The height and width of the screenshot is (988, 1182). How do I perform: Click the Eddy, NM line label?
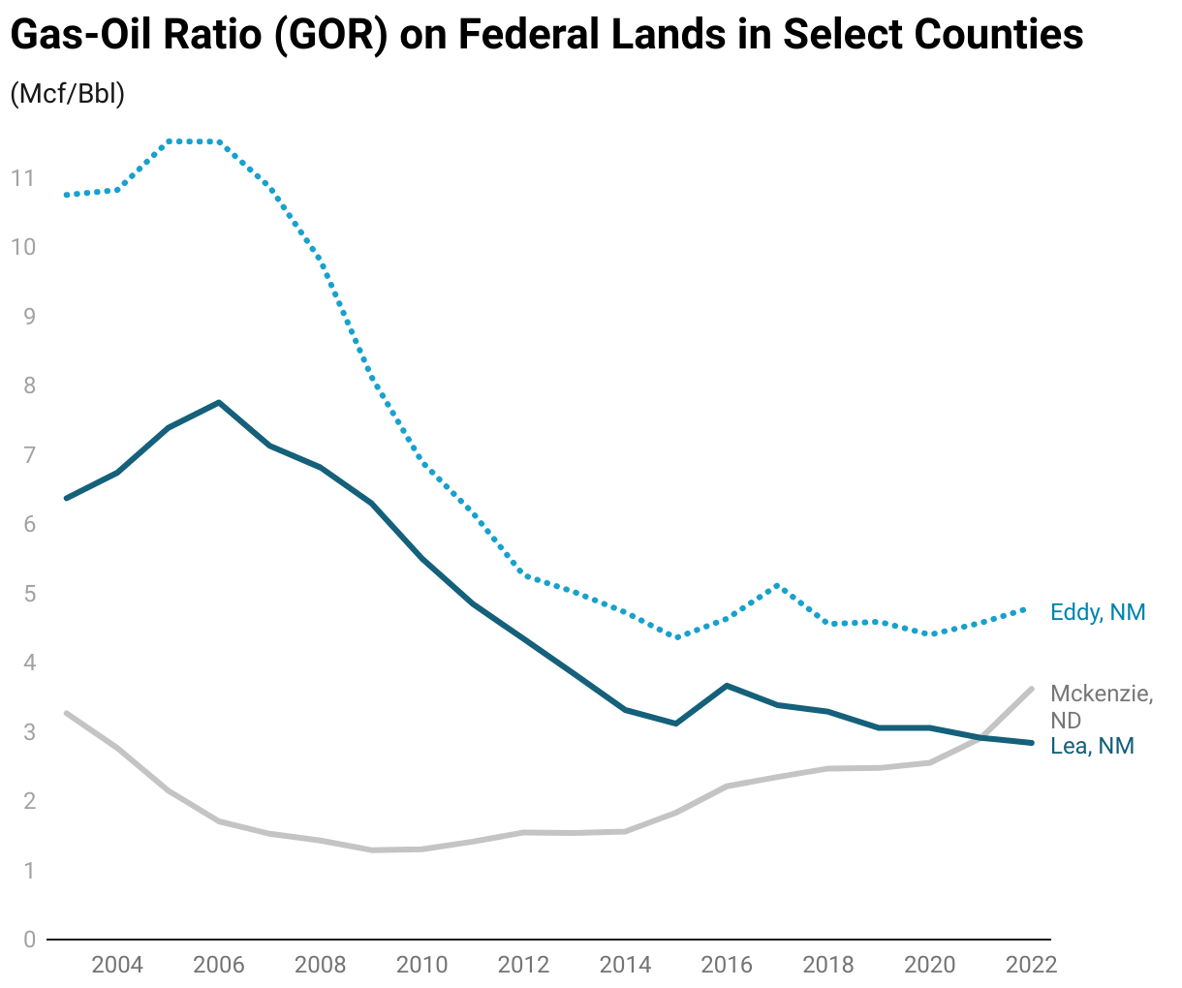pos(1098,612)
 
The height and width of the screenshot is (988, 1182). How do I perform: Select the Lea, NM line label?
pos(1092,746)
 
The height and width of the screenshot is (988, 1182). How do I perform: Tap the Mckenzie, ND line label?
pos(1102,707)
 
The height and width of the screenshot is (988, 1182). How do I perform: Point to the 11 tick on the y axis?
pos(22,177)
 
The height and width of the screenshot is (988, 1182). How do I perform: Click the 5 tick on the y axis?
pos(28,593)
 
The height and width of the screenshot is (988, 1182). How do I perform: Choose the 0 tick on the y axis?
pos(28,940)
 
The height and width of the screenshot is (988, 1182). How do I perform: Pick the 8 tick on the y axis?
pos(28,386)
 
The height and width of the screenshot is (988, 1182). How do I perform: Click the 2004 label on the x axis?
pos(117,965)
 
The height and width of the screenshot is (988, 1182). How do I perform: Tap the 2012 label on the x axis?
pos(523,965)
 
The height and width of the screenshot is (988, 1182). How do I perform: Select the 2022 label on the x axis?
pos(1031,965)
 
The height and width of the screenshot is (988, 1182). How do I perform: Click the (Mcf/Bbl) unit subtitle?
pos(67,95)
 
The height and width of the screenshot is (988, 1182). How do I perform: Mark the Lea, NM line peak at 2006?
pos(219,402)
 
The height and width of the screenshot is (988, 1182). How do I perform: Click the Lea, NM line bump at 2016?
pos(727,686)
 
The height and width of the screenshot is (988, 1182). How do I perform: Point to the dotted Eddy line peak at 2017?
pos(777,585)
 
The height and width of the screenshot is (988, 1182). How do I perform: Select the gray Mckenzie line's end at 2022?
pos(1031,689)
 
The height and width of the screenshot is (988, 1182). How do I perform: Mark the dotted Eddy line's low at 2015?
pos(676,637)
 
